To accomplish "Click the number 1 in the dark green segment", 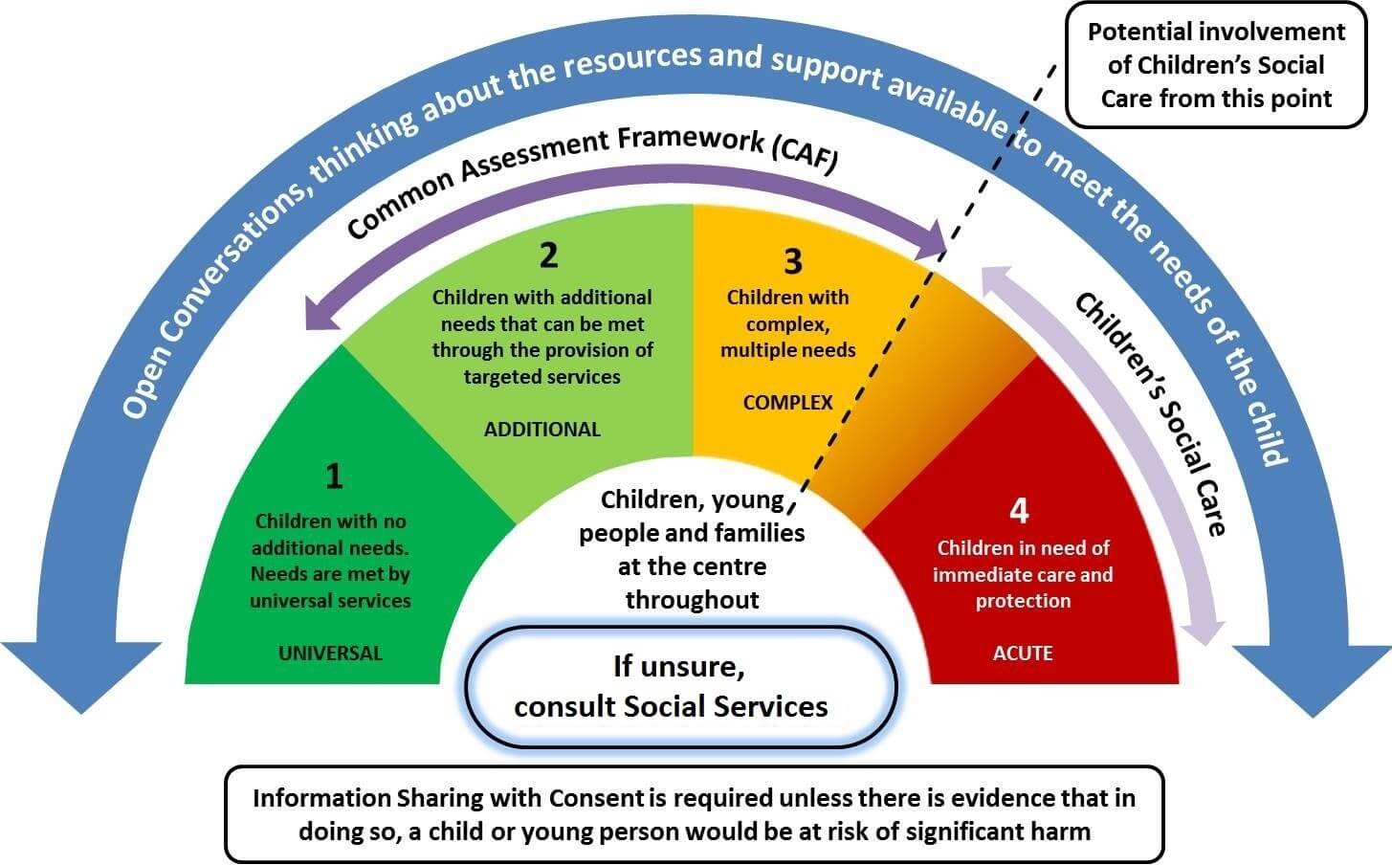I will [x=333, y=477].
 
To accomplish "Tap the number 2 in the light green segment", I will [x=548, y=255].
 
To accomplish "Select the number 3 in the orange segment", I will [x=792, y=261].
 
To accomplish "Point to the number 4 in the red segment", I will [x=1019, y=511].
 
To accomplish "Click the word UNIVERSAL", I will [x=330, y=654].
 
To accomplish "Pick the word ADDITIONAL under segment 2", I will [x=541, y=430].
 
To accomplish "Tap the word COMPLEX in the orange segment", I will [x=787, y=403].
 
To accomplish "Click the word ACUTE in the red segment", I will [x=1023, y=654].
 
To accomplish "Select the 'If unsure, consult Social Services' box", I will [x=680, y=686].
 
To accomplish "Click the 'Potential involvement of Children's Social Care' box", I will [x=1216, y=65].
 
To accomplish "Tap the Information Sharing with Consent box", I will [x=694, y=813].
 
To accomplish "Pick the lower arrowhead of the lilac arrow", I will [x=1204, y=629].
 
